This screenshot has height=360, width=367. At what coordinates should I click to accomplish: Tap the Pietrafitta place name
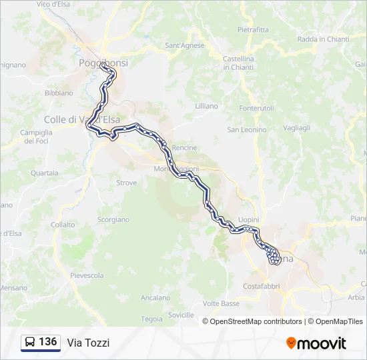tap(253, 29)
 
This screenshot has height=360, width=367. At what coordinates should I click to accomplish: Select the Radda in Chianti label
tap(323, 39)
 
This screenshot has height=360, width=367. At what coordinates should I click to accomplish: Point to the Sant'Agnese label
tap(184, 45)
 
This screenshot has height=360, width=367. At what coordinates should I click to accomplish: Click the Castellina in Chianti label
tap(238, 63)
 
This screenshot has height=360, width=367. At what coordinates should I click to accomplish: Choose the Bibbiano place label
tap(59, 93)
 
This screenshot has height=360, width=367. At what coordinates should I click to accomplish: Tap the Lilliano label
tap(206, 106)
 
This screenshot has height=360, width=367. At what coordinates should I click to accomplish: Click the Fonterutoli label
tap(256, 108)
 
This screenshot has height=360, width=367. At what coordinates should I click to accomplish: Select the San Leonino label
tap(247, 129)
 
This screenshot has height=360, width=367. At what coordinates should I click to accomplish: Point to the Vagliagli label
tap(296, 127)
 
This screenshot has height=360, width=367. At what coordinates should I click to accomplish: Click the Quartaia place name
tap(44, 173)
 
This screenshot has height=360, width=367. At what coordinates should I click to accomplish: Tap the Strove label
tap(126, 183)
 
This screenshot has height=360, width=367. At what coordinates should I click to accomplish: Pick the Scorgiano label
tap(113, 219)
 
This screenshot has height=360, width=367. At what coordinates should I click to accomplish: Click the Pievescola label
tap(87, 275)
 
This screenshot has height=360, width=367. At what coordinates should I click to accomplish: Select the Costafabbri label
tap(262, 286)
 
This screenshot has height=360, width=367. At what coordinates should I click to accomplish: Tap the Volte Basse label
tap(221, 303)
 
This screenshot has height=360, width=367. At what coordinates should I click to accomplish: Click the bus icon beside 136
tap(30, 342)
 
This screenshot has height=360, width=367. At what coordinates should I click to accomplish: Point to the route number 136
tap(48, 342)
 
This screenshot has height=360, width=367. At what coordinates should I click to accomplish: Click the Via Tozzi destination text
tap(88, 343)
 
